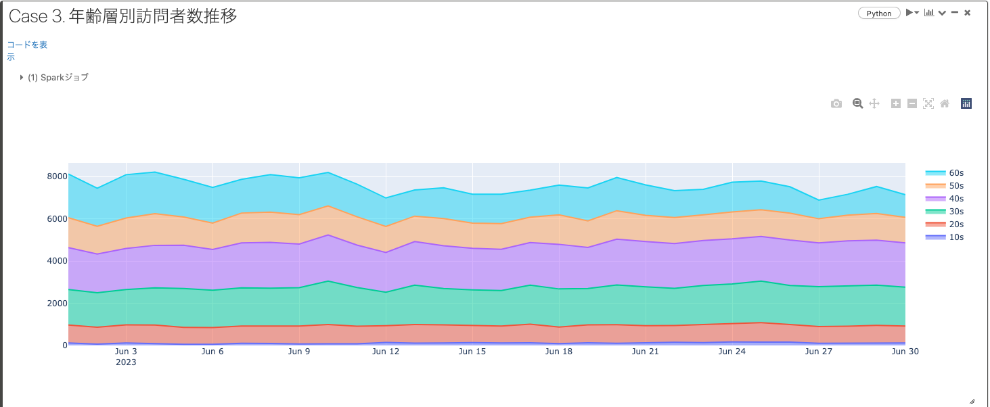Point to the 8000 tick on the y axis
pyautogui.click(x=56, y=176)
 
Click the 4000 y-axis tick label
pyautogui.click(x=56, y=261)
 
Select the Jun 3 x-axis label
pyautogui.click(x=126, y=352)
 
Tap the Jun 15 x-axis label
pyautogui.click(x=472, y=352)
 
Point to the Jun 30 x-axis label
pyautogui.click(x=904, y=352)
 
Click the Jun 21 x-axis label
pyautogui.click(x=645, y=352)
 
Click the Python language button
pyautogui.click(x=879, y=14)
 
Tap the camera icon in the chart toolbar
pyautogui.click(x=836, y=103)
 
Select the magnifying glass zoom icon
pyautogui.click(x=857, y=103)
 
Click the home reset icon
pyautogui.click(x=945, y=103)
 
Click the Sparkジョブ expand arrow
pyautogui.click(x=22, y=78)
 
